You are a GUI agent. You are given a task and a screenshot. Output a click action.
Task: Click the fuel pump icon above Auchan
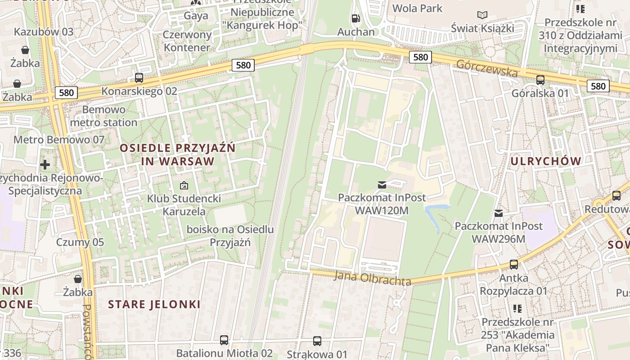(355, 18)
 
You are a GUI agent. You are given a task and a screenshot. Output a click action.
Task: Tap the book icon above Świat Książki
(482, 15)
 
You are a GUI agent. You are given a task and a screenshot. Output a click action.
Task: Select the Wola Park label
(417, 8)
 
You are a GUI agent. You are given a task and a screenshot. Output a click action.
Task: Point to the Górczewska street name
(487, 68)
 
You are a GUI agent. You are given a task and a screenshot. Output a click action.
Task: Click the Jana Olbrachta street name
(372, 277)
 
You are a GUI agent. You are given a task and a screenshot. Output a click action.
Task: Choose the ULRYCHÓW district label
(546, 161)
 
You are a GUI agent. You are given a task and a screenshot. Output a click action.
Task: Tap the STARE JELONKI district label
(154, 304)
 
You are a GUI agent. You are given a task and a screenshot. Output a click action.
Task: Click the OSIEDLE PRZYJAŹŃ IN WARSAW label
(177, 154)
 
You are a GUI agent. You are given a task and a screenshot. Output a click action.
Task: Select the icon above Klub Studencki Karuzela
(184, 185)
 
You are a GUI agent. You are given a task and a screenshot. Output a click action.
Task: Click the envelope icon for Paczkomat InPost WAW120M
(382, 184)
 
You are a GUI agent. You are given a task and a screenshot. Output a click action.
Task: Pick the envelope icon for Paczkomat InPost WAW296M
(499, 213)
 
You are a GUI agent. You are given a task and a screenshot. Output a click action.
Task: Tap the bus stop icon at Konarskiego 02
(139, 78)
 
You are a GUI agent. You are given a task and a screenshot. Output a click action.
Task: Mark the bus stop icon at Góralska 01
(540, 80)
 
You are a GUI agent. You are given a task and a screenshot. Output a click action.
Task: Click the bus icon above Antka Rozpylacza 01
(513, 265)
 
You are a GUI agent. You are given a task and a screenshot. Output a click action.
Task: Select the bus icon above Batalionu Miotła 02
(224, 340)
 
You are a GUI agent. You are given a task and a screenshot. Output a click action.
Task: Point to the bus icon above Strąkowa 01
(317, 341)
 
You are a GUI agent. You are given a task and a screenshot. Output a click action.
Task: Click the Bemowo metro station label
(103, 116)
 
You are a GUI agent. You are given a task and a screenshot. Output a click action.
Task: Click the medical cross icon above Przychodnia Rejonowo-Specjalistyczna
(45, 165)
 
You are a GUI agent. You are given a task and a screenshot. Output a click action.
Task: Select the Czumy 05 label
(80, 242)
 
